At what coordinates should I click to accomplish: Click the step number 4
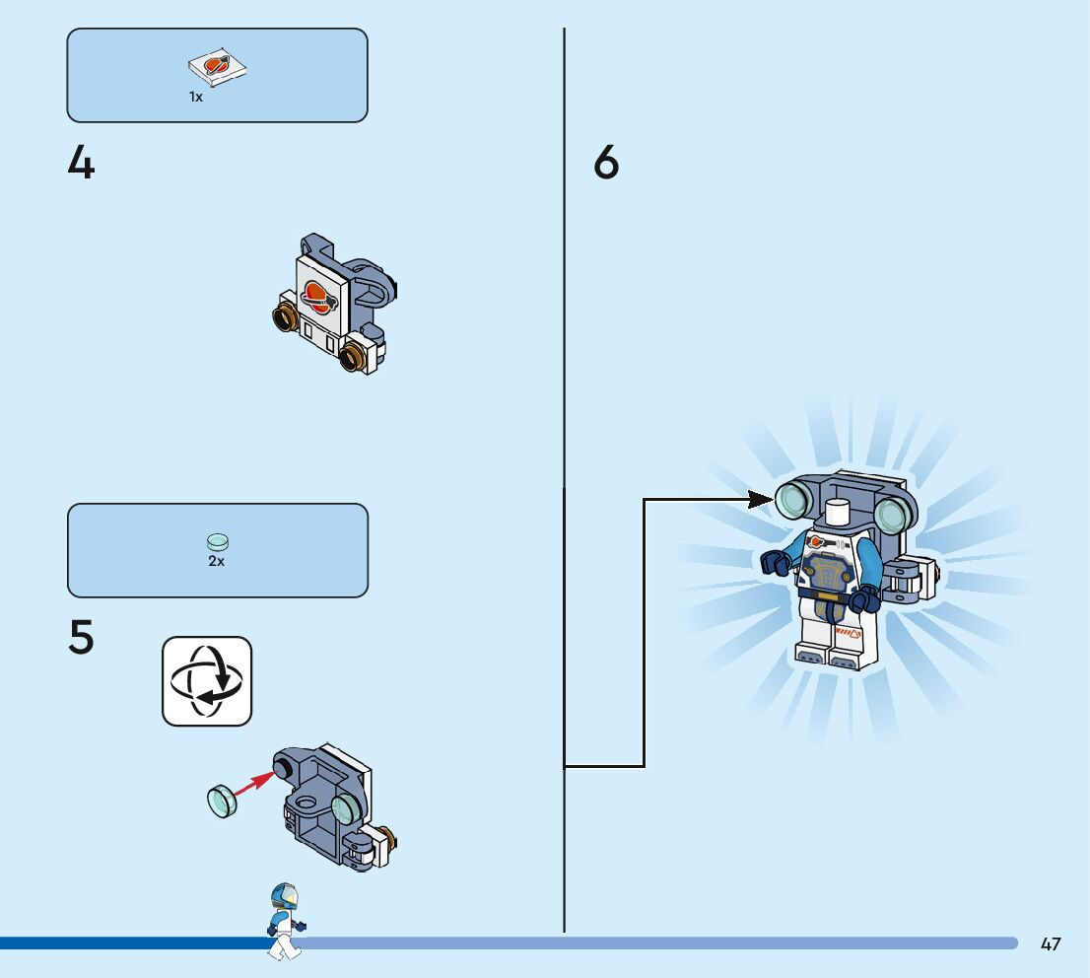[x=81, y=164]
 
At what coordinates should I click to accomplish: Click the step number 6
[x=607, y=164]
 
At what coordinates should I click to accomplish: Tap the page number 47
[x=1051, y=944]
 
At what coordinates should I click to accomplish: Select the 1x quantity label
[x=196, y=98]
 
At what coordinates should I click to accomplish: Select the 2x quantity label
[x=216, y=561]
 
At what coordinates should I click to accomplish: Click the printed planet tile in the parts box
[x=217, y=67]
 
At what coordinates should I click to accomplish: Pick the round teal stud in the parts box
[x=218, y=541]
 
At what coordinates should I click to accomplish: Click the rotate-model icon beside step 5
[x=207, y=681]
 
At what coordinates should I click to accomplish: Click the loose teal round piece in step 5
[x=223, y=800]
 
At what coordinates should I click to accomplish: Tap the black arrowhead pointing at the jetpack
[x=761, y=500]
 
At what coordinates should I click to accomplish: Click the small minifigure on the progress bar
[x=285, y=920]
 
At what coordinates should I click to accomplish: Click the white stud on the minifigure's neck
[x=838, y=512]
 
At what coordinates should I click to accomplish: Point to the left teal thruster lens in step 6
[x=791, y=504]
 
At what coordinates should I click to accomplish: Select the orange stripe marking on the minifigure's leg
[x=849, y=629]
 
